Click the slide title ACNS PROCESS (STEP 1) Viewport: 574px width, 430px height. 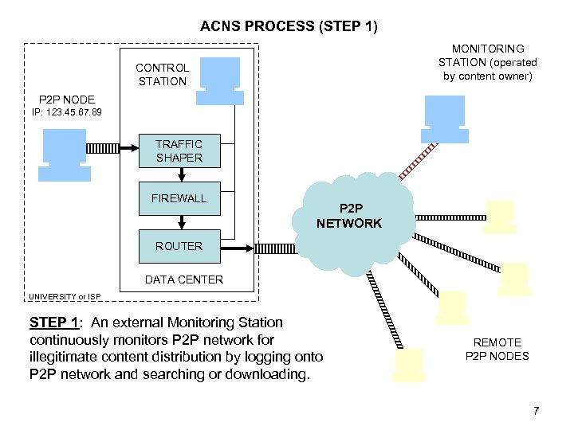[289, 26]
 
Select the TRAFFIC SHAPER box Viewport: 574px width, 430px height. [179, 150]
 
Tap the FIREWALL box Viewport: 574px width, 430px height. [179, 198]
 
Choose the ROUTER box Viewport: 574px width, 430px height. [179, 246]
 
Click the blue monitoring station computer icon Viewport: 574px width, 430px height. [444, 117]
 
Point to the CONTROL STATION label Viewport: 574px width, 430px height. [162, 75]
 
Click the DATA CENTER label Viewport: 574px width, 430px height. [183, 279]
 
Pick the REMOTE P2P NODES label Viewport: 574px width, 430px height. [497, 349]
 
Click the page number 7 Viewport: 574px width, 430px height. [536, 411]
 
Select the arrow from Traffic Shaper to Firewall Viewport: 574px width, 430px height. [182, 174]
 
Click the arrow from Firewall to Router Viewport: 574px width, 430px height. [182, 222]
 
